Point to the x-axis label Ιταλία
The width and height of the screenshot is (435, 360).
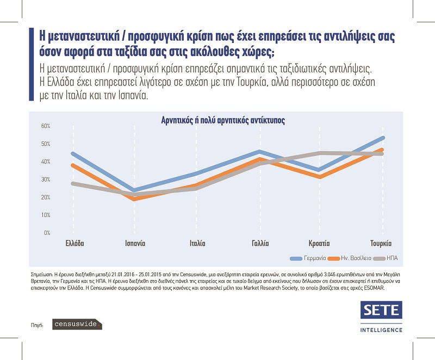click(197, 244)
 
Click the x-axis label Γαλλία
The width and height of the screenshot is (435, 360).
click(260, 244)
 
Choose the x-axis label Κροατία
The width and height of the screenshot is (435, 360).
click(319, 244)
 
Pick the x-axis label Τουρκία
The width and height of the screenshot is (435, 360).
click(381, 244)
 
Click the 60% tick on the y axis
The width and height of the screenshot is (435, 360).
click(46, 126)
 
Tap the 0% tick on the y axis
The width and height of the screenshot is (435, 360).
click(47, 233)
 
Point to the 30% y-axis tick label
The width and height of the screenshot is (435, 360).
click(46, 179)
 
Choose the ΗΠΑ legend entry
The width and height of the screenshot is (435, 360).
click(391, 258)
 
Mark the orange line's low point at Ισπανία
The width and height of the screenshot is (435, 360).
click(133, 199)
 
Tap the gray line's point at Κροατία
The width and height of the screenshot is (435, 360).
click(322, 153)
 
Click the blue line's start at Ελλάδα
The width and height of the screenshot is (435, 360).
click(72, 153)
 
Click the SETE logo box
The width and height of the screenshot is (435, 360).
click(381, 311)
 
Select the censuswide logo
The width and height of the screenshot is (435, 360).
click(77, 325)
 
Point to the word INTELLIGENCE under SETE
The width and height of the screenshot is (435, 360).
click(381, 330)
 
